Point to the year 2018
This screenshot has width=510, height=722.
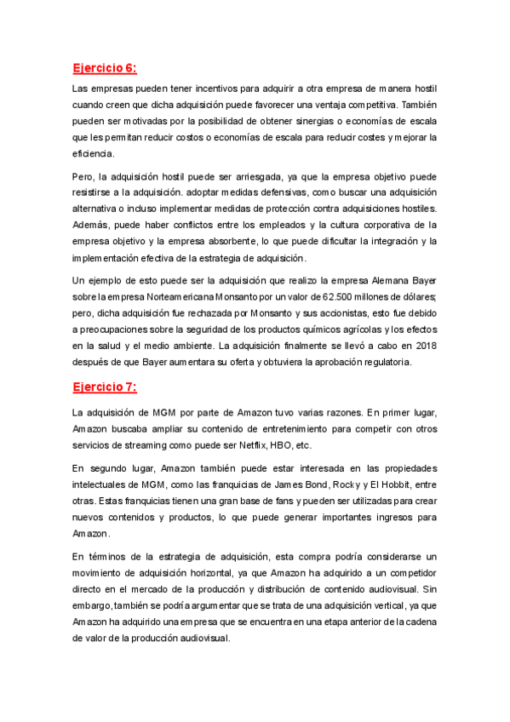click(424, 345)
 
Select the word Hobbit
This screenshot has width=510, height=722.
click(394, 484)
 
